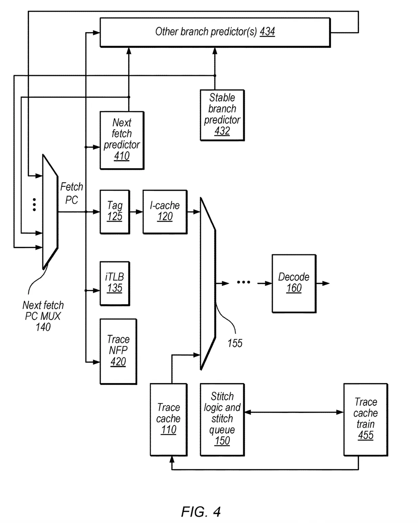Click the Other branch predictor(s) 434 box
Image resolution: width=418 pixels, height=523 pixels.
coord(215,32)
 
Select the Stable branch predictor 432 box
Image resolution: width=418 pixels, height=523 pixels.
coord(222,115)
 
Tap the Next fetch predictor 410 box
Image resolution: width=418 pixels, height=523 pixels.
coord(122,140)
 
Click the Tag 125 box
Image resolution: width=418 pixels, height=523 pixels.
coord(115,212)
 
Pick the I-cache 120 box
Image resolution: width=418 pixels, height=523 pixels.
coord(165,212)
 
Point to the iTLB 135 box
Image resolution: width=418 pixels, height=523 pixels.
coord(115,283)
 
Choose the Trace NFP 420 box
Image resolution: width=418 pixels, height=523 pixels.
coord(118,351)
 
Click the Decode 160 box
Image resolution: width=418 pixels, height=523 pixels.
coord(294,283)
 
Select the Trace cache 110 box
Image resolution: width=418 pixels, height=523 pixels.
coord(168,419)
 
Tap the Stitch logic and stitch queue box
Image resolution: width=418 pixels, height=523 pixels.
coord(222,419)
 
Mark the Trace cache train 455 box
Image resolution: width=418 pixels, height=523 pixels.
coord(365,419)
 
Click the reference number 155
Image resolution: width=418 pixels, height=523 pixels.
coord(235,343)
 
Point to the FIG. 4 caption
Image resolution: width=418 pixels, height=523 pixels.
coord(201,512)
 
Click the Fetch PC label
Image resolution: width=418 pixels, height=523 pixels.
coord(72,193)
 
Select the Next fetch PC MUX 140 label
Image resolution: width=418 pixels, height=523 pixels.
coord(43,316)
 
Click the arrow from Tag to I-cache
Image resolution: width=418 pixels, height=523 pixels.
coord(136,212)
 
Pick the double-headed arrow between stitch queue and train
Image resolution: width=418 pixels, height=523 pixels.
coord(294,412)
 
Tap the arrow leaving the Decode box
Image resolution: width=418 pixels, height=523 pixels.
coord(323,283)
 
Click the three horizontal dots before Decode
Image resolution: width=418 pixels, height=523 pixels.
coord(243,282)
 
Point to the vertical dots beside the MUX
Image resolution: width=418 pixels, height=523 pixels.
coord(34,204)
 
